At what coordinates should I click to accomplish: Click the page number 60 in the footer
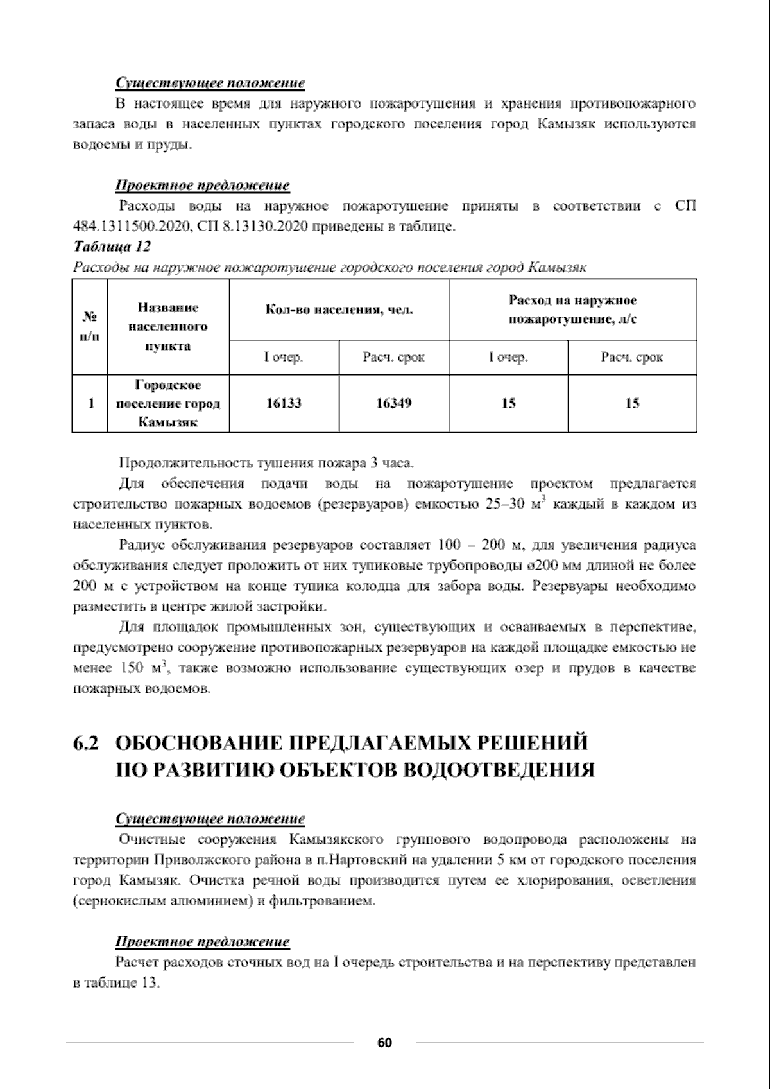384,1042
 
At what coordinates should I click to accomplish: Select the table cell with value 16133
284,403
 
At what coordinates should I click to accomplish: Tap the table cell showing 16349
393,403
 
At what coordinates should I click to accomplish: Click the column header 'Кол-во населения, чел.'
339,311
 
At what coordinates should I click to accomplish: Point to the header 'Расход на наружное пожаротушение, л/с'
572,309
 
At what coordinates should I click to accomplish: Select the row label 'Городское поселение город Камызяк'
167,403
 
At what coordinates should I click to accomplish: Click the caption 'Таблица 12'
112,247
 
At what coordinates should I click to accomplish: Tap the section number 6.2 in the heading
86,744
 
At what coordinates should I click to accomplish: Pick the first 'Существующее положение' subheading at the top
210,83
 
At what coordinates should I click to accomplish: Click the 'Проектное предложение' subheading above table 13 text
202,942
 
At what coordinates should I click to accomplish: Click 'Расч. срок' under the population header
393,358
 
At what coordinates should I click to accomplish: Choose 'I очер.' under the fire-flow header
508,358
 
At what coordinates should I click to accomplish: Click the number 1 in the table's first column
90,403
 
